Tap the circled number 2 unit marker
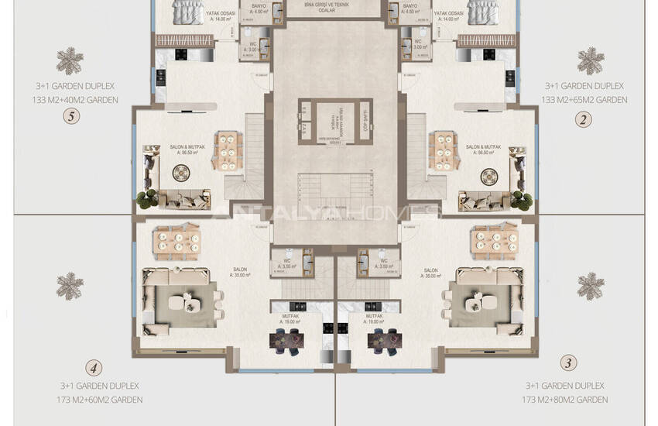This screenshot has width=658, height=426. pyautogui.click(x=584, y=119)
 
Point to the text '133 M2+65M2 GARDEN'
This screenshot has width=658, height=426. pyautogui.click(x=584, y=100)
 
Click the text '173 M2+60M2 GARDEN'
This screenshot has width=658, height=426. pyautogui.click(x=101, y=400)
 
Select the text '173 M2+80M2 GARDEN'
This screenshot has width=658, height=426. pyautogui.click(x=565, y=400)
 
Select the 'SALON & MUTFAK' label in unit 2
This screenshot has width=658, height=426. pyautogui.click(x=483, y=146)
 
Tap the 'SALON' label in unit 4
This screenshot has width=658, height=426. pyautogui.click(x=240, y=270)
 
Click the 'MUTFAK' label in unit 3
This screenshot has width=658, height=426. pyautogui.click(x=375, y=317)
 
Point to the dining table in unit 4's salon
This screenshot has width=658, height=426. pyautogui.click(x=176, y=241)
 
